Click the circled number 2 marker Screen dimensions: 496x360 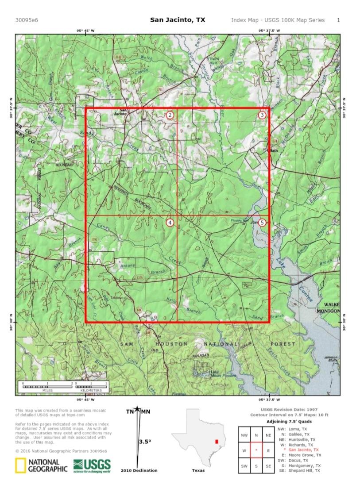170,115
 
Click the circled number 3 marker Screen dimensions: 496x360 262,115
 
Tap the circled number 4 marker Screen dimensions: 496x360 170,223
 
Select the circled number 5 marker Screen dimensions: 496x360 262,223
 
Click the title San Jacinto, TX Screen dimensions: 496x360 178,20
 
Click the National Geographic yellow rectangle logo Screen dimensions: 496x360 20,466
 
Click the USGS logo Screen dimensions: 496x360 92,465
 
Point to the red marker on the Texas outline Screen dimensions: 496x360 217,442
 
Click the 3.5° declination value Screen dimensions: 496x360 144,442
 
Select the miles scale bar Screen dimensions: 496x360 47,387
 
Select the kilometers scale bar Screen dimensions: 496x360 91,387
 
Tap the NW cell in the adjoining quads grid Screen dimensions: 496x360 244,435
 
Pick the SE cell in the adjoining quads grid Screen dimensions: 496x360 268,466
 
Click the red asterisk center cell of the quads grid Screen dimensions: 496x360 256,450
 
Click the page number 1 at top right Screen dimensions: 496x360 338,20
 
